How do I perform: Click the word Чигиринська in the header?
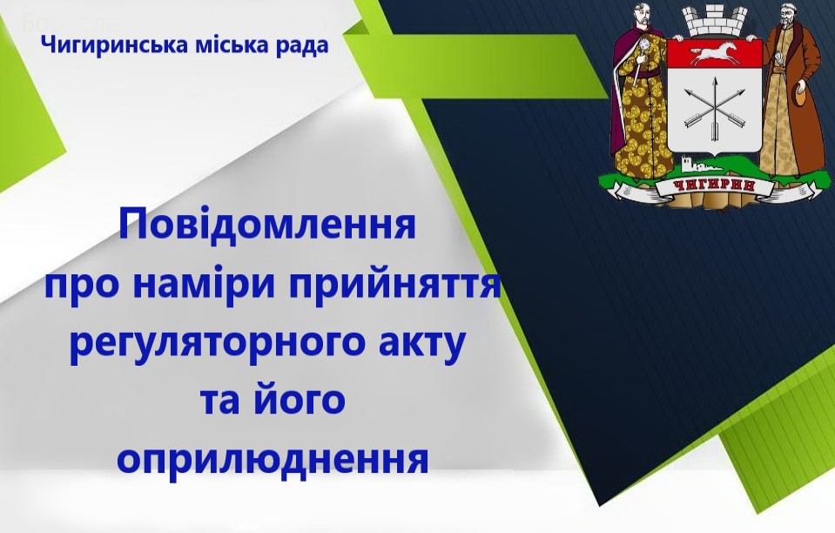point(114,45)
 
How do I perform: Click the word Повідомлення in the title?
point(267,225)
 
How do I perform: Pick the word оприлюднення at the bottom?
point(273,458)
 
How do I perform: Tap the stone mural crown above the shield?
point(714,20)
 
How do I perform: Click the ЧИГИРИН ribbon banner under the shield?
point(714,186)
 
